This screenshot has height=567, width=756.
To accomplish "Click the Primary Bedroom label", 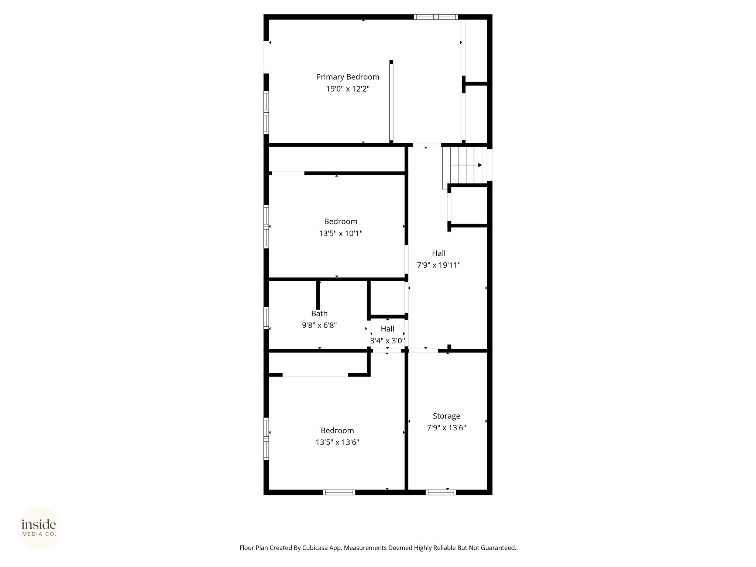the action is pos(348,77).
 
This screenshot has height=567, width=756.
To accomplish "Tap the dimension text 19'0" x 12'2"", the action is pos(348,89).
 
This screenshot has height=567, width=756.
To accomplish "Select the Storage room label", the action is pos(446,416).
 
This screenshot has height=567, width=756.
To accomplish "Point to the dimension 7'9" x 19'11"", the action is pos(439,265).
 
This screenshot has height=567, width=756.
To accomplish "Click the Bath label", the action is pos(319,313).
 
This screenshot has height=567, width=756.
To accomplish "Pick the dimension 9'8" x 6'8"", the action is pos(319,325).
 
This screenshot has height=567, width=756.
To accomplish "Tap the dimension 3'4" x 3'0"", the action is pos(388,341).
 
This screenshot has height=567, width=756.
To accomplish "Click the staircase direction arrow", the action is pos(466,165).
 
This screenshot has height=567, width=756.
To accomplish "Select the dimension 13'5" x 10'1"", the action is pos(341,233).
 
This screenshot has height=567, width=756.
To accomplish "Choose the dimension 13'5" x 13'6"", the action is pos(337,442).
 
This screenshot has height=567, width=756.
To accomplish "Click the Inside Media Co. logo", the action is pos(39,528).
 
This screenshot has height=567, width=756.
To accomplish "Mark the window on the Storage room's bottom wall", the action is pos(441,492).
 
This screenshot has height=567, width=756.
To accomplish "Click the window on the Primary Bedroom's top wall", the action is pos(436,17).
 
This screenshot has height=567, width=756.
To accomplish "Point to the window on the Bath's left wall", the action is pos(266,318).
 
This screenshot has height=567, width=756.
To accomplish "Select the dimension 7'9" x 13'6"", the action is pos(447,428).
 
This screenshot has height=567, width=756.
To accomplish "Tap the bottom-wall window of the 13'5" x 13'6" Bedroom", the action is pos(339,492).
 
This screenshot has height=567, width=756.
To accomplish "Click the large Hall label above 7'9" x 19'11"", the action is pos(439,253).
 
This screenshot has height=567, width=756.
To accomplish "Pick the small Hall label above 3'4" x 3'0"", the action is pos(388,329).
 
